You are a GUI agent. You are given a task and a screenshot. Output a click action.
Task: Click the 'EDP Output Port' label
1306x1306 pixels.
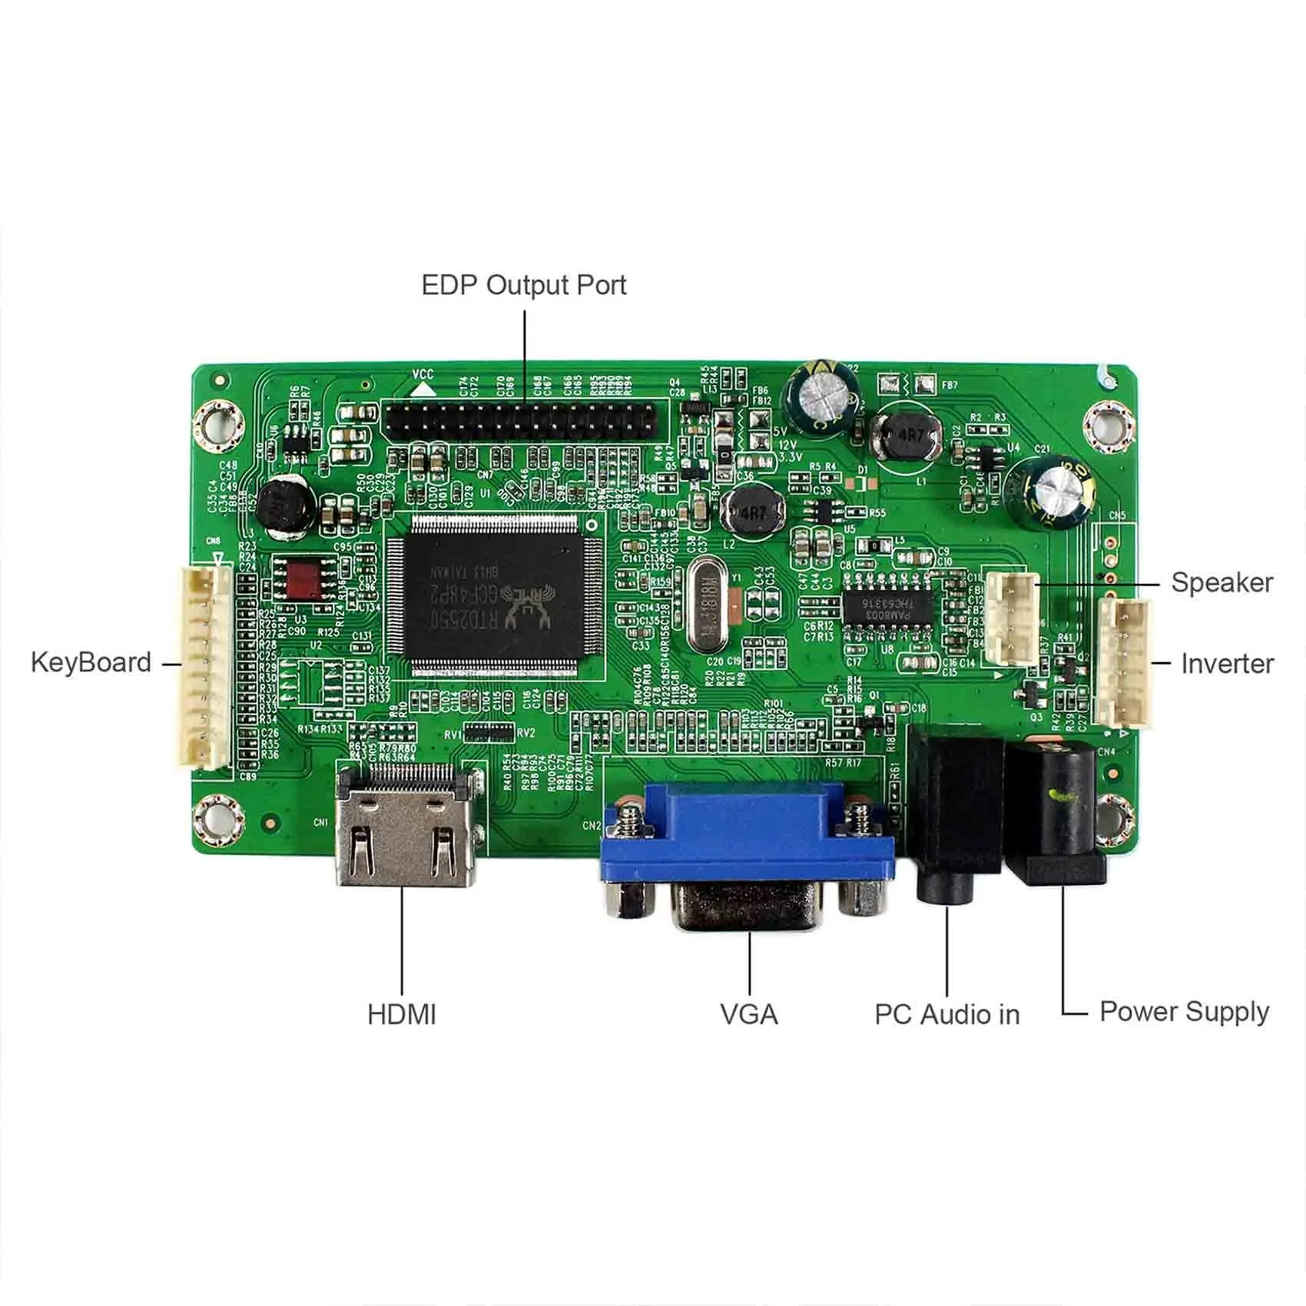point(524,285)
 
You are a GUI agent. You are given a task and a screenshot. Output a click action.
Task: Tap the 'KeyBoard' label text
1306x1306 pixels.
point(91,662)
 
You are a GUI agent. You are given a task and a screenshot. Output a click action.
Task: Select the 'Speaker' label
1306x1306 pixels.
point(1221,582)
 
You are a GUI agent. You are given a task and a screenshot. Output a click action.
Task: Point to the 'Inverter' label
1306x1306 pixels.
point(1227,664)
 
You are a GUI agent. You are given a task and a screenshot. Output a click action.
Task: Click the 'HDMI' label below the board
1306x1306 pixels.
point(401,1014)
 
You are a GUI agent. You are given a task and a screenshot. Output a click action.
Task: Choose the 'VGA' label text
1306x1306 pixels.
point(749,1014)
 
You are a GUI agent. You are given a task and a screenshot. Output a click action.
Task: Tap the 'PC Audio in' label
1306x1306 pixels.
point(946,1014)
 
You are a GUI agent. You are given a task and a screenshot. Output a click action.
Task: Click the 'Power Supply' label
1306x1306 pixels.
point(1184,1012)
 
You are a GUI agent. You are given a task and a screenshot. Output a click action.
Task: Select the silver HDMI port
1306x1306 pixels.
point(406,826)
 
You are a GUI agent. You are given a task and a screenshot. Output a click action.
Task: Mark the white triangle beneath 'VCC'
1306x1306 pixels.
point(422,389)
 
